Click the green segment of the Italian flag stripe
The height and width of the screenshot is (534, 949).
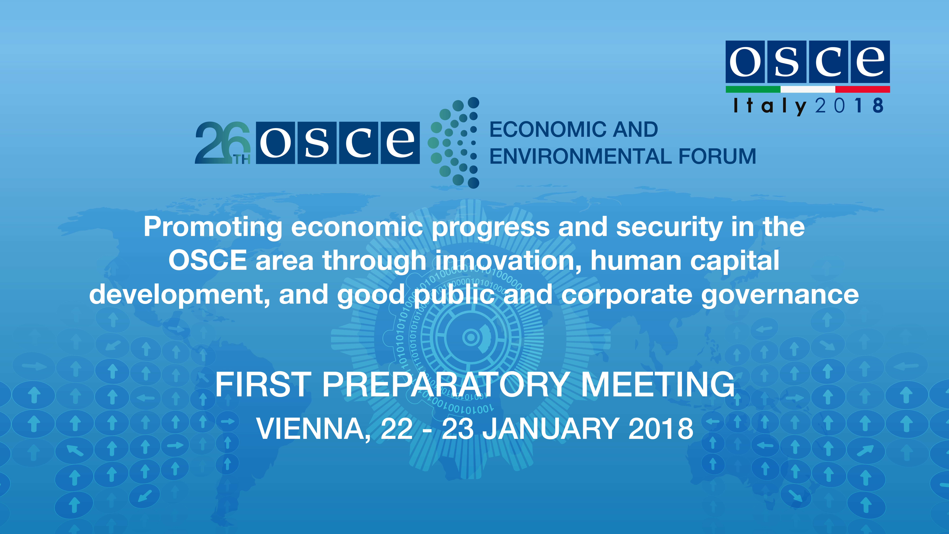[753, 89]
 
